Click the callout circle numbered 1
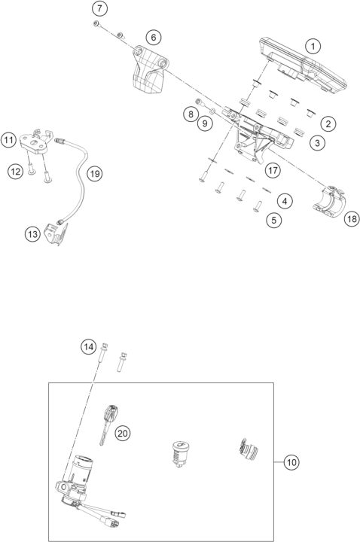tap(311, 46)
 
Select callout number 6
tap(152, 36)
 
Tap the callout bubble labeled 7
tap(101, 9)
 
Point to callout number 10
tap(291, 461)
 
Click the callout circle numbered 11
tap(9, 140)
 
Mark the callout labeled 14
tap(89, 347)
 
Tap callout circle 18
tap(351, 219)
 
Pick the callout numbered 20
tap(122, 431)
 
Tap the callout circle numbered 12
tap(16, 172)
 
